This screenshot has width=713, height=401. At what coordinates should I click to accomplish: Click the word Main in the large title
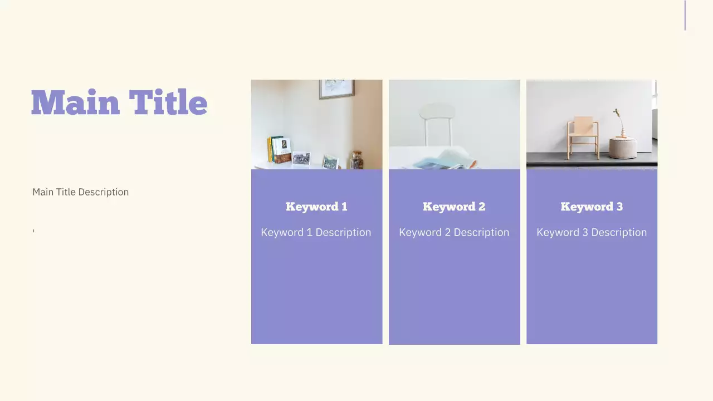tap(75, 103)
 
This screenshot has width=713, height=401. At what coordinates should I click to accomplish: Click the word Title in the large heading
tap(168, 103)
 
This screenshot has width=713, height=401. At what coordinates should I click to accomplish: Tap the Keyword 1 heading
tap(316, 207)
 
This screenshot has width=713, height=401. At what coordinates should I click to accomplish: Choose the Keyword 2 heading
tap(454, 207)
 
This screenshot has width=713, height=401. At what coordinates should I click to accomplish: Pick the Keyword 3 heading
tap(592, 207)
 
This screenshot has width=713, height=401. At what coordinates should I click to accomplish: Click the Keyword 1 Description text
tap(316, 232)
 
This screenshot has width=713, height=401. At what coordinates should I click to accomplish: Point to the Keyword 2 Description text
tap(454, 232)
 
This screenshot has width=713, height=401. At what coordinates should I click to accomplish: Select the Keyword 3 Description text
tap(592, 232)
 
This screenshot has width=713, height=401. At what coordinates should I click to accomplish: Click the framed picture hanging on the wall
tap(336, 89)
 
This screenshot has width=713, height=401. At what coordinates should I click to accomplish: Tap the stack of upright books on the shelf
tap(279, 149)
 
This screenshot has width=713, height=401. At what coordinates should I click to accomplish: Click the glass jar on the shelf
tap(357, 160)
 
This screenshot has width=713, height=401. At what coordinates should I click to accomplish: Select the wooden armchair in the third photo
tap(583, 136)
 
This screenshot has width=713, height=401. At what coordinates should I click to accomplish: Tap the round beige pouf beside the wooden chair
tap(622, 149)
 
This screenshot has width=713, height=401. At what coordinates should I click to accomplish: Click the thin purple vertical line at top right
tap(685, 15)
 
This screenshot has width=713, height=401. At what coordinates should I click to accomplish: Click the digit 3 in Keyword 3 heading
tap(619, 207)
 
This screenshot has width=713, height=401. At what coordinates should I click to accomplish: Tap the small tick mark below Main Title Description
tap(33, 231)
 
